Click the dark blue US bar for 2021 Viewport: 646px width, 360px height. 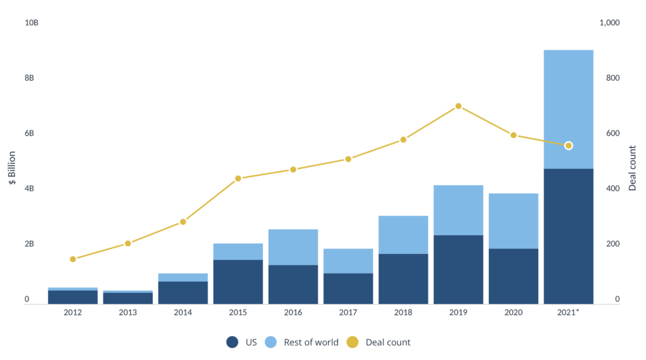pos(568,236)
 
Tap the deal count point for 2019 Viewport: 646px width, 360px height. pos(459,106)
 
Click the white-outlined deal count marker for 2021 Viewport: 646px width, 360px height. pos(568,146)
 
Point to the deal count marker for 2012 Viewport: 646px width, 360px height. pos(73,259)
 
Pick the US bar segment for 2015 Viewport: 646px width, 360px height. pos(238,281)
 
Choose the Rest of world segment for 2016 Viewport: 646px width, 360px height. pos(293,247)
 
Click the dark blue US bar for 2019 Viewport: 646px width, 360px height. pos(459,269)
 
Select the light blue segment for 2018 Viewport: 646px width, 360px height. pos(403,235)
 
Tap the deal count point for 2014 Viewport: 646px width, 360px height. pos(183,222)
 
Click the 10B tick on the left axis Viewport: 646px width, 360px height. pos(32,23)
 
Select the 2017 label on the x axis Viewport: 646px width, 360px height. pos(348,312)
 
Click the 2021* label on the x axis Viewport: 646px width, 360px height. pos(568,312)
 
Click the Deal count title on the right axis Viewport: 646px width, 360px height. pos(633,168)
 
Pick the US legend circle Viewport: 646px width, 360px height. pos(232,342)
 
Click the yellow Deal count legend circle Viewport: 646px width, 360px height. pos(353,342)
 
